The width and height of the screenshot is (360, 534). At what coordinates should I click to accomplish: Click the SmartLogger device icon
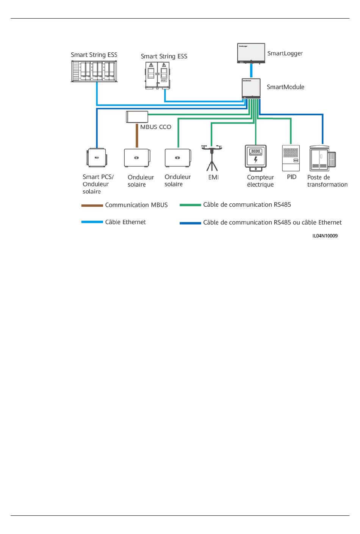251,53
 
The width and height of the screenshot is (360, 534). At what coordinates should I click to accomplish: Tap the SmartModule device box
251,88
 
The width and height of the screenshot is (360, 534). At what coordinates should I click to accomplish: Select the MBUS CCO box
137,117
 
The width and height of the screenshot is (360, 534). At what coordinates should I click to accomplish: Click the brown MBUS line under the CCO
137,135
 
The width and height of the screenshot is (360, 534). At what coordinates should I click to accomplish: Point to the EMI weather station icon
212,158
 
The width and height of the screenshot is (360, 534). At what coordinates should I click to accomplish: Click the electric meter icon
256,158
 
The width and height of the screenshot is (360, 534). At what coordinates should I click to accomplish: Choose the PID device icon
291,158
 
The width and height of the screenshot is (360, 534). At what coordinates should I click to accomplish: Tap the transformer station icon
322,158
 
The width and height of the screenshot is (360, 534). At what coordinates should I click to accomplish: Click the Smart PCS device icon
97,157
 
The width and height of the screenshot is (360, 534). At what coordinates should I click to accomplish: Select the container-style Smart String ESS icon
94,71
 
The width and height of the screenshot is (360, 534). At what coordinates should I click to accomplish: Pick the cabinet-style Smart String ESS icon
158,75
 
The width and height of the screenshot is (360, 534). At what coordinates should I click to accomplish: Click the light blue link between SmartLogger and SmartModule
251,71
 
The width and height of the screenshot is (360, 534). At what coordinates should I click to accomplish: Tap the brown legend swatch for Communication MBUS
92,205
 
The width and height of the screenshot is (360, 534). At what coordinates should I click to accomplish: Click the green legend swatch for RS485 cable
190,205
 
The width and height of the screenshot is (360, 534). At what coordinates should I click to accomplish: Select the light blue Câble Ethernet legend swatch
92,222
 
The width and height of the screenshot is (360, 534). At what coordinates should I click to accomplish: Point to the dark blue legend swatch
190,223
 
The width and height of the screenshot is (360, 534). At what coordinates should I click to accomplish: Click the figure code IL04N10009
325,236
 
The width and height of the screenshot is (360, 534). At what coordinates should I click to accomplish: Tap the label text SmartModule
285,87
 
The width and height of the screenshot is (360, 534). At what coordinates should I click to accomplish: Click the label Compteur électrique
260,181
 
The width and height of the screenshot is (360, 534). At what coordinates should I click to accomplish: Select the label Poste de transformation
327,181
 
